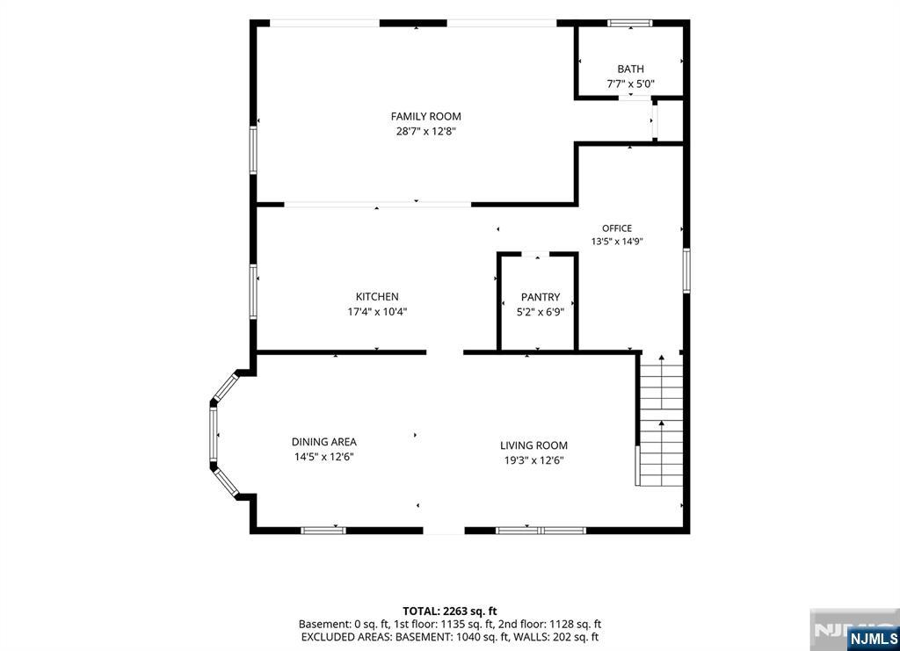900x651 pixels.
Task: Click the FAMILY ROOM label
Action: coord(426,117)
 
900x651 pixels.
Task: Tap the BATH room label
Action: coord(630,69)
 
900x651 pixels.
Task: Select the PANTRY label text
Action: coord(541,297)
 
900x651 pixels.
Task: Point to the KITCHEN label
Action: coord(377,297)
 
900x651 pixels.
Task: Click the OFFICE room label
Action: coord(617,228)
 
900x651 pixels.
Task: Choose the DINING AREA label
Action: coord(324,442)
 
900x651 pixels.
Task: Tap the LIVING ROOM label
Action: coord(533,445)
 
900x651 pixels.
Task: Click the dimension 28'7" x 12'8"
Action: coord(426,132)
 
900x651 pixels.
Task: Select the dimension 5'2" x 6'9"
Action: coord(541,312)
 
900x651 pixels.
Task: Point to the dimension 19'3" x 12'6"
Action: coord(533,460)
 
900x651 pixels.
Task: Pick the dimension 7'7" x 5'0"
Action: coord(630,83)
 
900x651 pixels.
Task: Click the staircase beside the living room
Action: coord(661,421)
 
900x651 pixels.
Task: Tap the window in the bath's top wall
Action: coord(629,24)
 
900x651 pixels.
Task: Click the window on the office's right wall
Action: coord(686,271)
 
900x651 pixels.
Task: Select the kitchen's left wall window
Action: coord(253,292)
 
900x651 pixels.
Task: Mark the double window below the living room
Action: coord(541,531)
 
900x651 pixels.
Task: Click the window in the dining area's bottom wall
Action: coord(323,531)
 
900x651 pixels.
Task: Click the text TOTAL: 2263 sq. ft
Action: coord(449,611)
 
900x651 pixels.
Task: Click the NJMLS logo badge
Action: coord(873,639)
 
